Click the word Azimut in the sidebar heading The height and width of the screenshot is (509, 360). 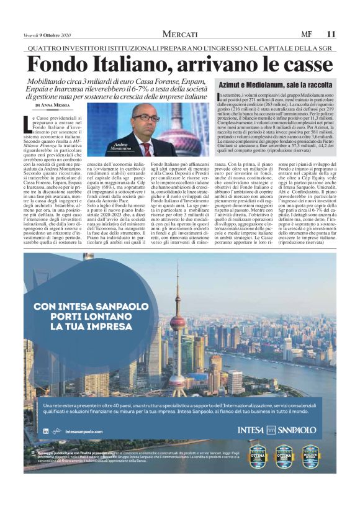[233, 84]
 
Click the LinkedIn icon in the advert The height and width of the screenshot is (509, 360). [46, 431]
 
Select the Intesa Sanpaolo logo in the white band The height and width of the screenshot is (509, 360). [277, 430]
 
